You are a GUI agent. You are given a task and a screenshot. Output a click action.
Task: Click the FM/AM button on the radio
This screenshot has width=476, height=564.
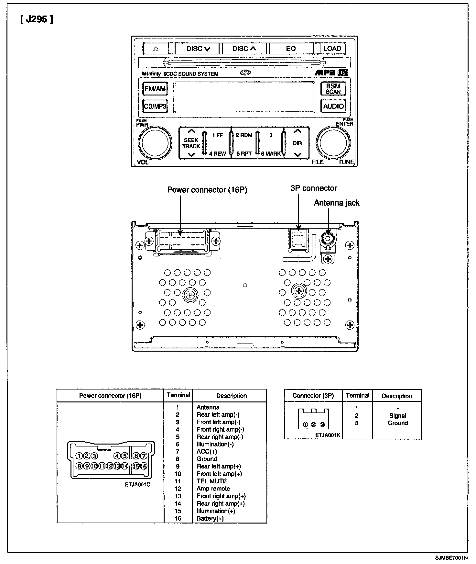155,88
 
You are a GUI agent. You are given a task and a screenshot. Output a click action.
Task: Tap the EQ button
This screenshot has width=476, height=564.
291,49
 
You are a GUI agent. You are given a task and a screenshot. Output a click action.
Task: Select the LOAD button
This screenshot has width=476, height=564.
332,49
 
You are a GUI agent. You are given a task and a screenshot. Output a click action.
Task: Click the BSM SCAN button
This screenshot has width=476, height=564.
333,88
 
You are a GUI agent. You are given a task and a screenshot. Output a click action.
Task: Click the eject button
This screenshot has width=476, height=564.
156,49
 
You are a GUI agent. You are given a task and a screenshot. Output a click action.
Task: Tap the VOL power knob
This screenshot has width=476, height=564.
155,142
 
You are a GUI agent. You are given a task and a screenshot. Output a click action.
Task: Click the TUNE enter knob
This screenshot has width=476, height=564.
333,142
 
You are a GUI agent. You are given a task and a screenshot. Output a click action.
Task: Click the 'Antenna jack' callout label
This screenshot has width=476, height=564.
337,203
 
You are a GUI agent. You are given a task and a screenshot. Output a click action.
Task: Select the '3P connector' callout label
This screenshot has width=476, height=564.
314,188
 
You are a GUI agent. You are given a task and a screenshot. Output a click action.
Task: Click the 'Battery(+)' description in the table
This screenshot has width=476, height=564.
210,518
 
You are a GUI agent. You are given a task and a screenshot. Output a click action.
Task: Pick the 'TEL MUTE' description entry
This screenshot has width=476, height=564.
211,481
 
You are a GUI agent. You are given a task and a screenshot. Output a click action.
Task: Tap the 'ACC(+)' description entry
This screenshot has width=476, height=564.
207,451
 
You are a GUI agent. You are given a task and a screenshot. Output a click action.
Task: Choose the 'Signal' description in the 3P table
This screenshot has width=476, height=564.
397,416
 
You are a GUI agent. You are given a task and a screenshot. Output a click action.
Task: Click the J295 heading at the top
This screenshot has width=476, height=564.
37,20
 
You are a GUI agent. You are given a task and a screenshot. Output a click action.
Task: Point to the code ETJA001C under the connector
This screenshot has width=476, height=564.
137,485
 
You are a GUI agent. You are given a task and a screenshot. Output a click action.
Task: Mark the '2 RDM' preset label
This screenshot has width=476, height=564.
244,135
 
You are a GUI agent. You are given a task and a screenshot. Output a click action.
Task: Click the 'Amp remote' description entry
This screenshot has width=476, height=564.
213,489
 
